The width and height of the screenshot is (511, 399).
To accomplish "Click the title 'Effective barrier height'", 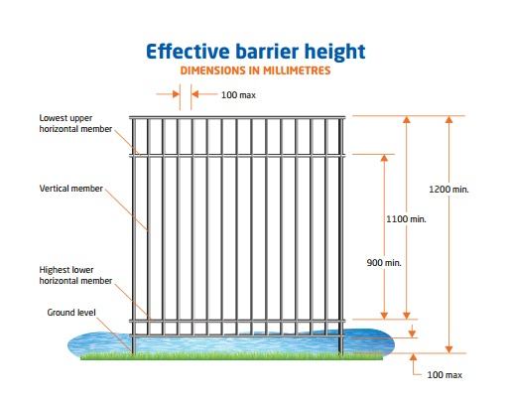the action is point(256,52).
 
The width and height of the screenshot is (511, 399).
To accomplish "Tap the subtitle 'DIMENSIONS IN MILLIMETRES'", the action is point(255,70).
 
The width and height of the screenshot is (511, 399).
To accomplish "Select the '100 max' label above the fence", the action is point(238,95).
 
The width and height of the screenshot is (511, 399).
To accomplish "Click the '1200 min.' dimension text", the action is point(448,190).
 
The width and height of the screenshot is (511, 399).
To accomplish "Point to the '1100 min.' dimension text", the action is point(406,219).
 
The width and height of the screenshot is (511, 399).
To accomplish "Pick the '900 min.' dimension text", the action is point(384,263).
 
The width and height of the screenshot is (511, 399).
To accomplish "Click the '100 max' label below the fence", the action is point(445,375).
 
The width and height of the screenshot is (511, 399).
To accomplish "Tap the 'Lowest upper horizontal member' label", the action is point(75,123).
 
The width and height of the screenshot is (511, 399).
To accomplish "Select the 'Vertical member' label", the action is point(71,189).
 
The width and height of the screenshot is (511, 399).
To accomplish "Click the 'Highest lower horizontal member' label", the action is point(75,275).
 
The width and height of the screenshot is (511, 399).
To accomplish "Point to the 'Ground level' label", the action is point(71,313).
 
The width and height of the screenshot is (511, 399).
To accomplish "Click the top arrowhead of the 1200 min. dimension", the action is point(448,119).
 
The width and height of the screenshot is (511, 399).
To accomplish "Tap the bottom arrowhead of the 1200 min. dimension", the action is point(448,349).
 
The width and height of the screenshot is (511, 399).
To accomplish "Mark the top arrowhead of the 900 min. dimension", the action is point(384,158).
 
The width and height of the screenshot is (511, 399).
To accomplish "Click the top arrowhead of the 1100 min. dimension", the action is point(407,119).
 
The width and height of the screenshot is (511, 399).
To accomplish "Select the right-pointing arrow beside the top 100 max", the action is point(168,94).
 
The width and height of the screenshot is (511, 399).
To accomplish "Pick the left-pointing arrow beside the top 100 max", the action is point(204,94).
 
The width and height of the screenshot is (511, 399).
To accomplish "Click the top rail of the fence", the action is point(237,117).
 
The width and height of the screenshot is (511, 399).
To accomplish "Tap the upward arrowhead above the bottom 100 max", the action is point(413,357).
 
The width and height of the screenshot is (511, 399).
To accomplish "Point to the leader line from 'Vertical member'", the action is point(127,210).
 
